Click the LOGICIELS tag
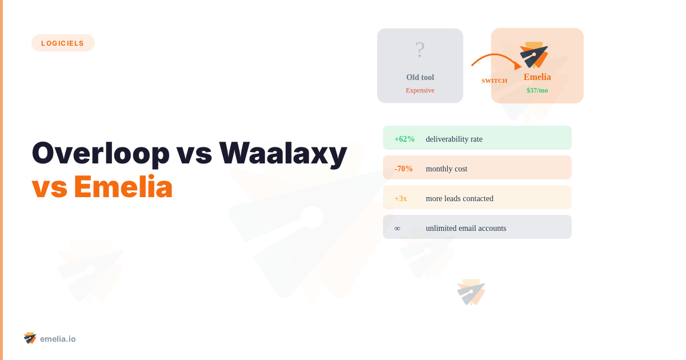63,43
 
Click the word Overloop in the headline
101,153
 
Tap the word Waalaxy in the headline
283,153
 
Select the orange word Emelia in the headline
123,187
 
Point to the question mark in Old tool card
420,50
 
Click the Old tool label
420,77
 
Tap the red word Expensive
420,90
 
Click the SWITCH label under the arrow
494,81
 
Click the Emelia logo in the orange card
535,55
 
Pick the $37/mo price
537,90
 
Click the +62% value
404,139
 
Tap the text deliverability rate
454,139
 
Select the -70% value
404,169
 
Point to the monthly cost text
446,169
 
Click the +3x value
401,198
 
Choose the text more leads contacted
460,198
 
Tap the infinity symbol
397,228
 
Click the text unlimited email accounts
466,228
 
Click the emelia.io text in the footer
58,339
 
